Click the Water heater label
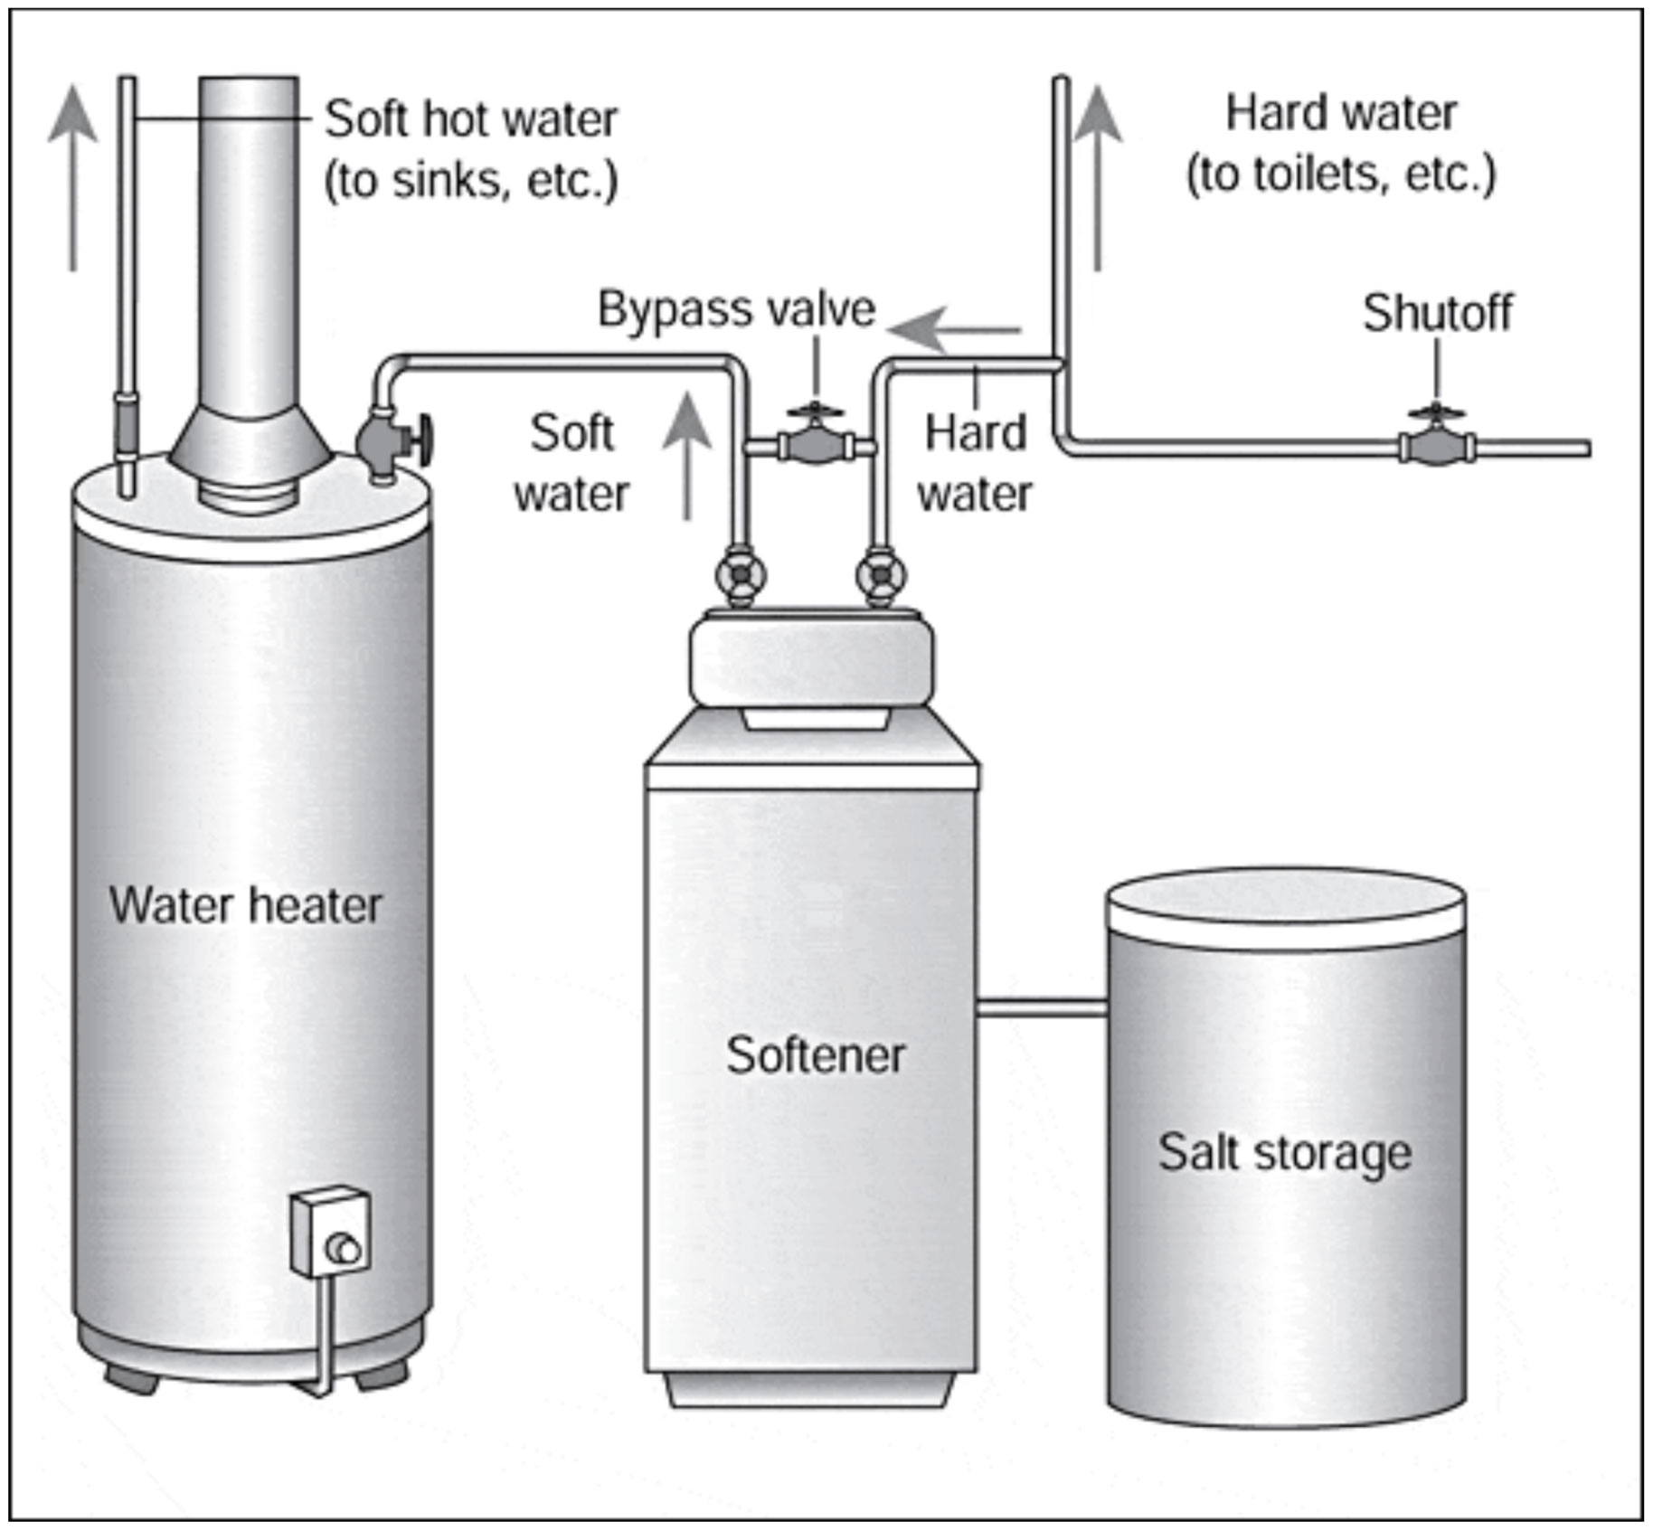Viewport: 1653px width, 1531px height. point(245,905)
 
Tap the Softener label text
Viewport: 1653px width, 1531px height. point(815,1055)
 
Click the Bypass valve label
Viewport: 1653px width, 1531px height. point(736,310)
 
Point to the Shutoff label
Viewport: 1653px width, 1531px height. point(1437,314)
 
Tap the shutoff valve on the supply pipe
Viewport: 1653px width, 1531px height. point(1436,445)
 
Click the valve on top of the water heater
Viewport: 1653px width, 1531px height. point(389,441)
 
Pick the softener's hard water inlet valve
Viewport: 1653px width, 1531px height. point(880,574)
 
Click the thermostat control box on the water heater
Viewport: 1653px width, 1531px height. point(330,1233)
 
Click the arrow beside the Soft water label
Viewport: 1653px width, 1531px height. point(687,457)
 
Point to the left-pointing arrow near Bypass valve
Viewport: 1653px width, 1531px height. point(954,330)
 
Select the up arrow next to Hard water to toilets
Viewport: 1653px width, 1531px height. point(1097,176)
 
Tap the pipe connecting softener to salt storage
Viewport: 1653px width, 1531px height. point(1042,1007)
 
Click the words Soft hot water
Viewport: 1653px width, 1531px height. point(470,119)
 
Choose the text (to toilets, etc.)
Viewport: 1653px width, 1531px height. point(1340,175)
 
